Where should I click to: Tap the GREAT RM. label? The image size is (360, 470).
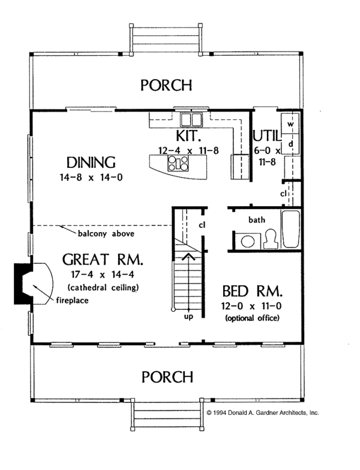103,260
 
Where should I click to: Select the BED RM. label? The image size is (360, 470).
251,292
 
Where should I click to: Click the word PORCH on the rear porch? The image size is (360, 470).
166,85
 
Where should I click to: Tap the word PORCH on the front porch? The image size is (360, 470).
166,377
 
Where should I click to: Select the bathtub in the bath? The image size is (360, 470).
291,229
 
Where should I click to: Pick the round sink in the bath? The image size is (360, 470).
246,240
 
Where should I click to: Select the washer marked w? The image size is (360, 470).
290,124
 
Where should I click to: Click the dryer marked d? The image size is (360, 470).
290,144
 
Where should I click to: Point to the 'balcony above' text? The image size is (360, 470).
105,233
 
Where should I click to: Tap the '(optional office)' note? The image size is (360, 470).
252,318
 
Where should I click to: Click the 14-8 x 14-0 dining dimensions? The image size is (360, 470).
91,178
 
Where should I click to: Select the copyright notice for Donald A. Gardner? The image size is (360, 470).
262,413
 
